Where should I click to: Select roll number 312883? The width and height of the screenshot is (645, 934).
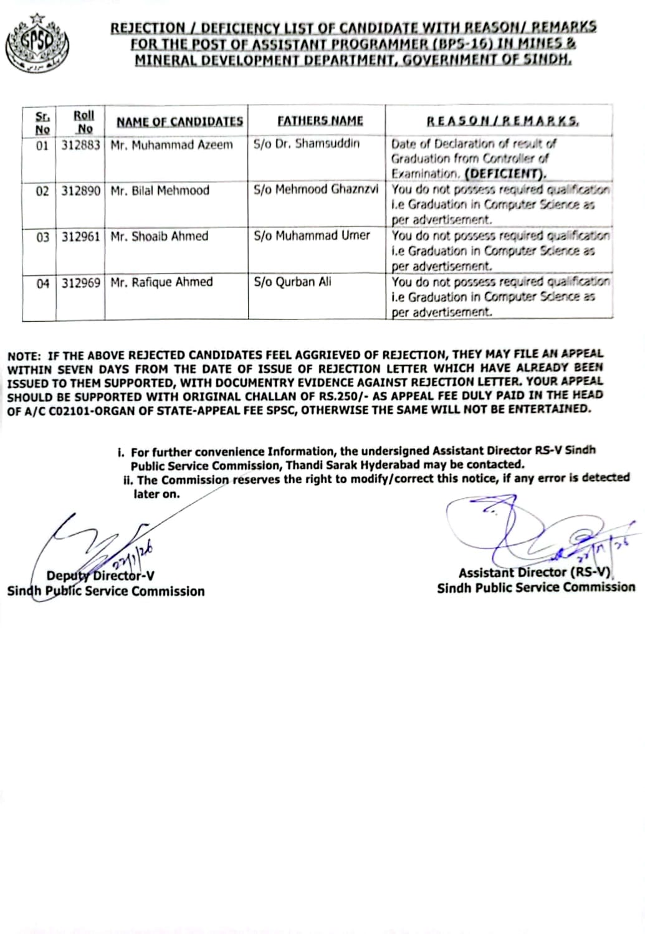click(81, 144)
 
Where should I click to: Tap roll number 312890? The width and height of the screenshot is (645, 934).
click(81, 191)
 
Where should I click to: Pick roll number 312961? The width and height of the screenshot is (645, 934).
click(81, 237)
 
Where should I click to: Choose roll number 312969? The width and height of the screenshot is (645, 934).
click(81, 283)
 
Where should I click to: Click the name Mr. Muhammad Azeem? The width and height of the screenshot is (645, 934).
click(171, 144)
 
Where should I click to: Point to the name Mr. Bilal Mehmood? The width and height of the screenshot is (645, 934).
click(160, 191)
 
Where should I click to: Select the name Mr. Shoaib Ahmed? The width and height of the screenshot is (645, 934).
click(160, 237)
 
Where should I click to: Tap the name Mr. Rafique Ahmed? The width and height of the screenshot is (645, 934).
click(161, 282)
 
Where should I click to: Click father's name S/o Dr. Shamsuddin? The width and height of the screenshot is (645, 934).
click(307, 143)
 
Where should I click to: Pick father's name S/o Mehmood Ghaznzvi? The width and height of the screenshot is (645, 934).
click(316, 189)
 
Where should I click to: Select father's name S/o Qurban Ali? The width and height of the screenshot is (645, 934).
click(292, 281)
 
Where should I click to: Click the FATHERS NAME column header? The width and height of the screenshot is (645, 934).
click(320, 121)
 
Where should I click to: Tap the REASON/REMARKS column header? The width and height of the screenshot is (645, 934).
click(502, 121)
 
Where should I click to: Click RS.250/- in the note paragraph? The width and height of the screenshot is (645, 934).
click(342, 395)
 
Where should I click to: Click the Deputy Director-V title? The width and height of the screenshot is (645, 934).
click(101, 576)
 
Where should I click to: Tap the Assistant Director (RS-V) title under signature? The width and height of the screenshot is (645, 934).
click(535, 572)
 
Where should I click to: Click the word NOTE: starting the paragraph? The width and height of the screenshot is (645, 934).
click(24, 356)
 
